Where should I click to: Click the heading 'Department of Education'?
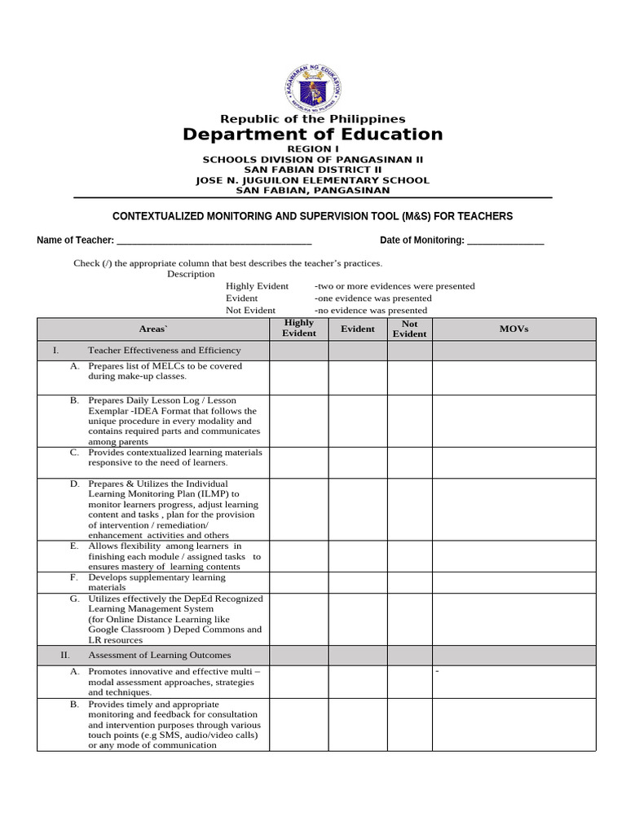pyautogui.click(x=313, y=135)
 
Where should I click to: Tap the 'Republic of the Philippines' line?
pyautogui.click(x=313, y=119)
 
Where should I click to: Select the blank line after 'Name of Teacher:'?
pyautogui.click(x=214, y=241)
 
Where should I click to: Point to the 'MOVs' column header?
pyautogui.click(x=514, y=329)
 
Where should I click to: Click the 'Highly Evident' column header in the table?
pyautogui.click(x=299, y=328)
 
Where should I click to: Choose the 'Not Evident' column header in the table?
pyautogui.click(x=409, y=329)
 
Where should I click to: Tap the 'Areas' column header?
pyautogui.click(x=152, y=329)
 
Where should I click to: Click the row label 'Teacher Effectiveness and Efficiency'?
pyautogui.click(x=165, y=350)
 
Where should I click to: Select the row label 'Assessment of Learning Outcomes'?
pyautogui.click(x=160, y=655)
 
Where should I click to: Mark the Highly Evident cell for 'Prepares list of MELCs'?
pyautogui.click(x=299, y=378)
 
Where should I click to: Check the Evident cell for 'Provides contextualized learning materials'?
pyautogui.click(x=358, y=462)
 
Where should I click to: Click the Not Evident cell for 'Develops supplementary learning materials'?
pyautogui.click(x=409, y=581)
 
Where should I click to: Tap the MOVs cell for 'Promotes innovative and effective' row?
pyautogui.click(x=514, y=682)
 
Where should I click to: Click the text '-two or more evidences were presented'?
pyautogui.click(x=395, y=286)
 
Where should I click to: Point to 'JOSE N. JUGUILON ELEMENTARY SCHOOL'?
pyautogui.click(x=313, y=180)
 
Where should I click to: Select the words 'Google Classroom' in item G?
pyautogui.click(x=127, y=630)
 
